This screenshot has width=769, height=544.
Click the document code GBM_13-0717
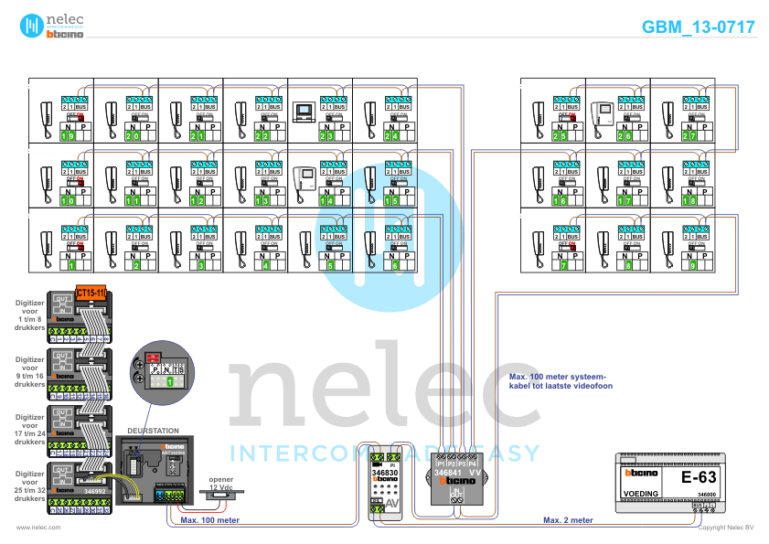699,27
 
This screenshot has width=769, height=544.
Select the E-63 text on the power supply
700,477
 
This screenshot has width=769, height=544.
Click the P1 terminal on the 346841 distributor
441,464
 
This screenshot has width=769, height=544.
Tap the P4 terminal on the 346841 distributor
472,464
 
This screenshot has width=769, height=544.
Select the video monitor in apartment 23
303,113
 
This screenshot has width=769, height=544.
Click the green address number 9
693,266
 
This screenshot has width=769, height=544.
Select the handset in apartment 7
538,244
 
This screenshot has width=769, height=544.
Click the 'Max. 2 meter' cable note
568,520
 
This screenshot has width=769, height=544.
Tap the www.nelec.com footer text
38,528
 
